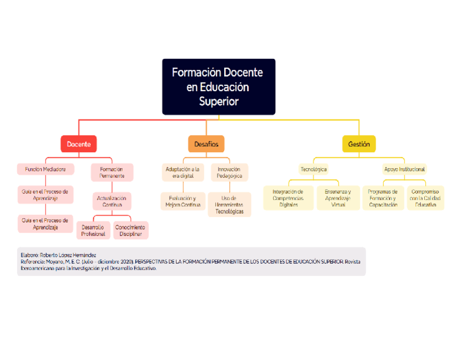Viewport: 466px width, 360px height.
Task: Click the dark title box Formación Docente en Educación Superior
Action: [x=218, y=87]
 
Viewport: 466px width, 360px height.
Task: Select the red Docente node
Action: [x=79, y=144]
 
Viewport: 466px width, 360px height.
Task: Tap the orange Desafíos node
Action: [x=206, y=144]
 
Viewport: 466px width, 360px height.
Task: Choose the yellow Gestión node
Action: [x=359, y=144]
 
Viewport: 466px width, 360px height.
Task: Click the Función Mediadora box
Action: [x=45, y=169]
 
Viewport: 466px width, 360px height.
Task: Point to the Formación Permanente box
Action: [x=112, y=173]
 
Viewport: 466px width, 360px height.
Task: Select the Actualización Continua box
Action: [x=112, y=201]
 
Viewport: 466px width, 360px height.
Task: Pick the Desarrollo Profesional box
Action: [x=93, y=230]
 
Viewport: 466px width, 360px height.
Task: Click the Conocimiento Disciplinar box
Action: [x=130, y=230]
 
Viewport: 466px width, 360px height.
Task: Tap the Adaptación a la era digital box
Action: [x=182, y=173]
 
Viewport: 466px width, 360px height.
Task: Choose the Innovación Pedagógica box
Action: [x=229, y=173]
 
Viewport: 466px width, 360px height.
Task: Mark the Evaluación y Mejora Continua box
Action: [x=182, y=201]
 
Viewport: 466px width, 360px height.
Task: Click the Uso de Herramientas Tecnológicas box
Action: [x=229, y=204]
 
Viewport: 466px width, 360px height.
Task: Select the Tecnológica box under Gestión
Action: [x=313, y=169]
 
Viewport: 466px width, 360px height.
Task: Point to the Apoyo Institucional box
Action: [x=404, y=169]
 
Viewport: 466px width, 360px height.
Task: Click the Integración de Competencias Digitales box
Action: [x=288, y=198]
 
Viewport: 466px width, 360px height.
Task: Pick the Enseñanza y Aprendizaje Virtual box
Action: [x=338, y=198]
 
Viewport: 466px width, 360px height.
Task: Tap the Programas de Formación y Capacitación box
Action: [x=383, y=198]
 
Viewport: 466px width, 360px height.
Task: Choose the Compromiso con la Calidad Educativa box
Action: [x=425, y=198]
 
